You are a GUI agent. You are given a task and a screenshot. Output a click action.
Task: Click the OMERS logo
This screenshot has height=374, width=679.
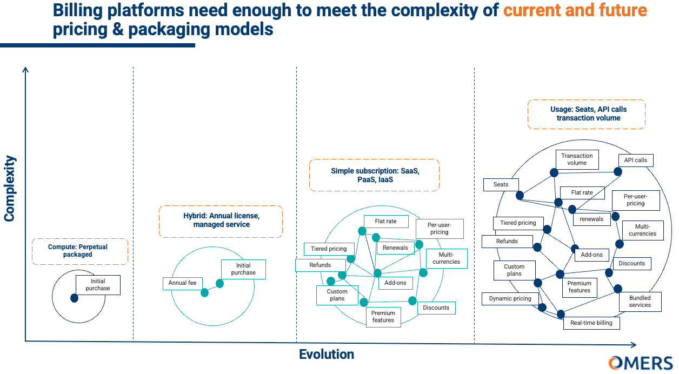(x=640, y=363)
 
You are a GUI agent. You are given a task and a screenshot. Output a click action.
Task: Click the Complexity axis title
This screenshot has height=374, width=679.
(x=10, y=189)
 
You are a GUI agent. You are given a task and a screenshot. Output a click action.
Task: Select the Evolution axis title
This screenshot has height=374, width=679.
(x=327, y=355)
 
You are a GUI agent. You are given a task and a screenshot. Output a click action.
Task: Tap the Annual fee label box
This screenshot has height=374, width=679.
(x=182, y=283)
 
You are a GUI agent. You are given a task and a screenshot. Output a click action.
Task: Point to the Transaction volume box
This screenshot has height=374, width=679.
(x=577, y=159)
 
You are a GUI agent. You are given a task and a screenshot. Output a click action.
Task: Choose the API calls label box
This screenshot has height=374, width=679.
(x=635, y=160)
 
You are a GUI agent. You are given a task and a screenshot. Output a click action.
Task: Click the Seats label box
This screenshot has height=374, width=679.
(x=501, y=184)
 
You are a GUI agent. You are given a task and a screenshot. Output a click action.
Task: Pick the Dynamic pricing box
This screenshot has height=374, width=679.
(x=510, y=298)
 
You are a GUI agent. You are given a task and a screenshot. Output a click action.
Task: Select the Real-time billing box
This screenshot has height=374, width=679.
(x=591, y=323)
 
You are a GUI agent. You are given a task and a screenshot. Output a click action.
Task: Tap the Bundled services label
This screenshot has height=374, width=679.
(x=640, y=302)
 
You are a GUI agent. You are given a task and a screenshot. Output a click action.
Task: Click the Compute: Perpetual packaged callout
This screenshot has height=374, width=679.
(x=80, y=251)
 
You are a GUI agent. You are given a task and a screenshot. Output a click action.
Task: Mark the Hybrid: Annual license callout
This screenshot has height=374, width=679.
(x=221, y=221)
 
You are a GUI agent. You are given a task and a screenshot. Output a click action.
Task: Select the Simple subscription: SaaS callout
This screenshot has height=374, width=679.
(x=374, y=175)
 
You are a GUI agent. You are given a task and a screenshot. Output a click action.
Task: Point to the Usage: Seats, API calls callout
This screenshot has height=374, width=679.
(x=586, y=113)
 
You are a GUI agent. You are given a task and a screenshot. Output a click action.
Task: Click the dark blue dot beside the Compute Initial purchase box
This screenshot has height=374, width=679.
(x=74, y=298)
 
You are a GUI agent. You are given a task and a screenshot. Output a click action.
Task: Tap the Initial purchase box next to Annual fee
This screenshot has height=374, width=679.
(x=243, y=269)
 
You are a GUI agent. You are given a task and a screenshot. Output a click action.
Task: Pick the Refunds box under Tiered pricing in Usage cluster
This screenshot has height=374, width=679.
(x=507, y=241)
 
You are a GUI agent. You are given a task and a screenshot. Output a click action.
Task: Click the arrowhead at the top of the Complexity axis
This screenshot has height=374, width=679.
(x=25, y=69)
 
